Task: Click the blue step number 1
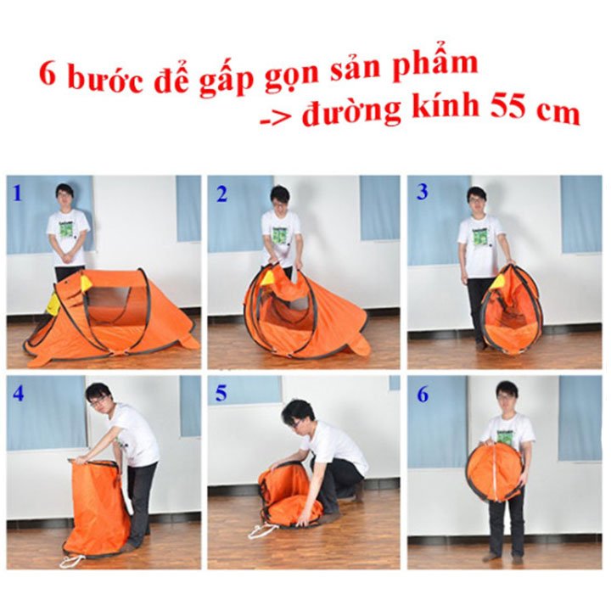[17, 193]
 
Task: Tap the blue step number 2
[221, 194]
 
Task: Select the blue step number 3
[422, 192]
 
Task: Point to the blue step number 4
[19, 394]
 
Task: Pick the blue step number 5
[221, 394]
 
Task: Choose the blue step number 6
[423, 395]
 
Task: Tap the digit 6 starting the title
[48, 75]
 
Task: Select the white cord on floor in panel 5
[261, 530]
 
